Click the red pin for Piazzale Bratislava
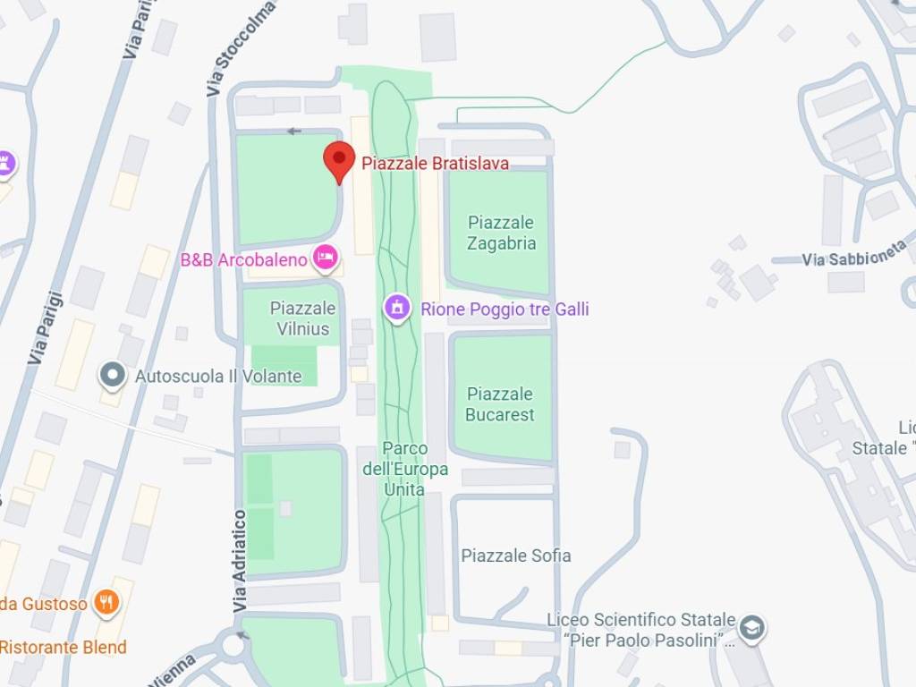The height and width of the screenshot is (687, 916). tap(338, 161)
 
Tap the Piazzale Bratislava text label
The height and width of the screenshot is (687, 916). tap(435, 163)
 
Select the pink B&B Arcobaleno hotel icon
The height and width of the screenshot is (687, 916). tap(326, 259)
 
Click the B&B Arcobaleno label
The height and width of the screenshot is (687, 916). tap(243, 260)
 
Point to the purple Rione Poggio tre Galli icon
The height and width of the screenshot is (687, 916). tap(396, 309)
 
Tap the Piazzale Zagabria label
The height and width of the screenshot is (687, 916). tap(501, 233)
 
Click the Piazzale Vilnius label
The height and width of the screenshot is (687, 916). tap(303, 318)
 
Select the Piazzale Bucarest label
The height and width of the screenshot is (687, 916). tap(500, 404)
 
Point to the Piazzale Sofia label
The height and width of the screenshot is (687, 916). tap(515, 556)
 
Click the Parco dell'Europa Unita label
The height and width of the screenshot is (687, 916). tap(404, 469)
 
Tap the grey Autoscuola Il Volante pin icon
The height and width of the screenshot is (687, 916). tap(113, 376)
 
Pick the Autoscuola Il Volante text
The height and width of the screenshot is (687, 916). tap(217, 377)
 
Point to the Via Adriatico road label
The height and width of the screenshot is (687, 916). tap(240, 561)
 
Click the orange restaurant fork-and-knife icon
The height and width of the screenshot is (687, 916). tap(106, 603)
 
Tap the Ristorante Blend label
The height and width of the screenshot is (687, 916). tap(63, 647)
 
